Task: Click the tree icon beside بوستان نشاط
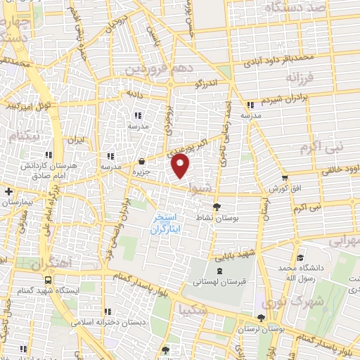[217, 207]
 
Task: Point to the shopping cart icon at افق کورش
[284, 179]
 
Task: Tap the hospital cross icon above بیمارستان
[8, 191]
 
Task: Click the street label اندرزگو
[207, 83]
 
